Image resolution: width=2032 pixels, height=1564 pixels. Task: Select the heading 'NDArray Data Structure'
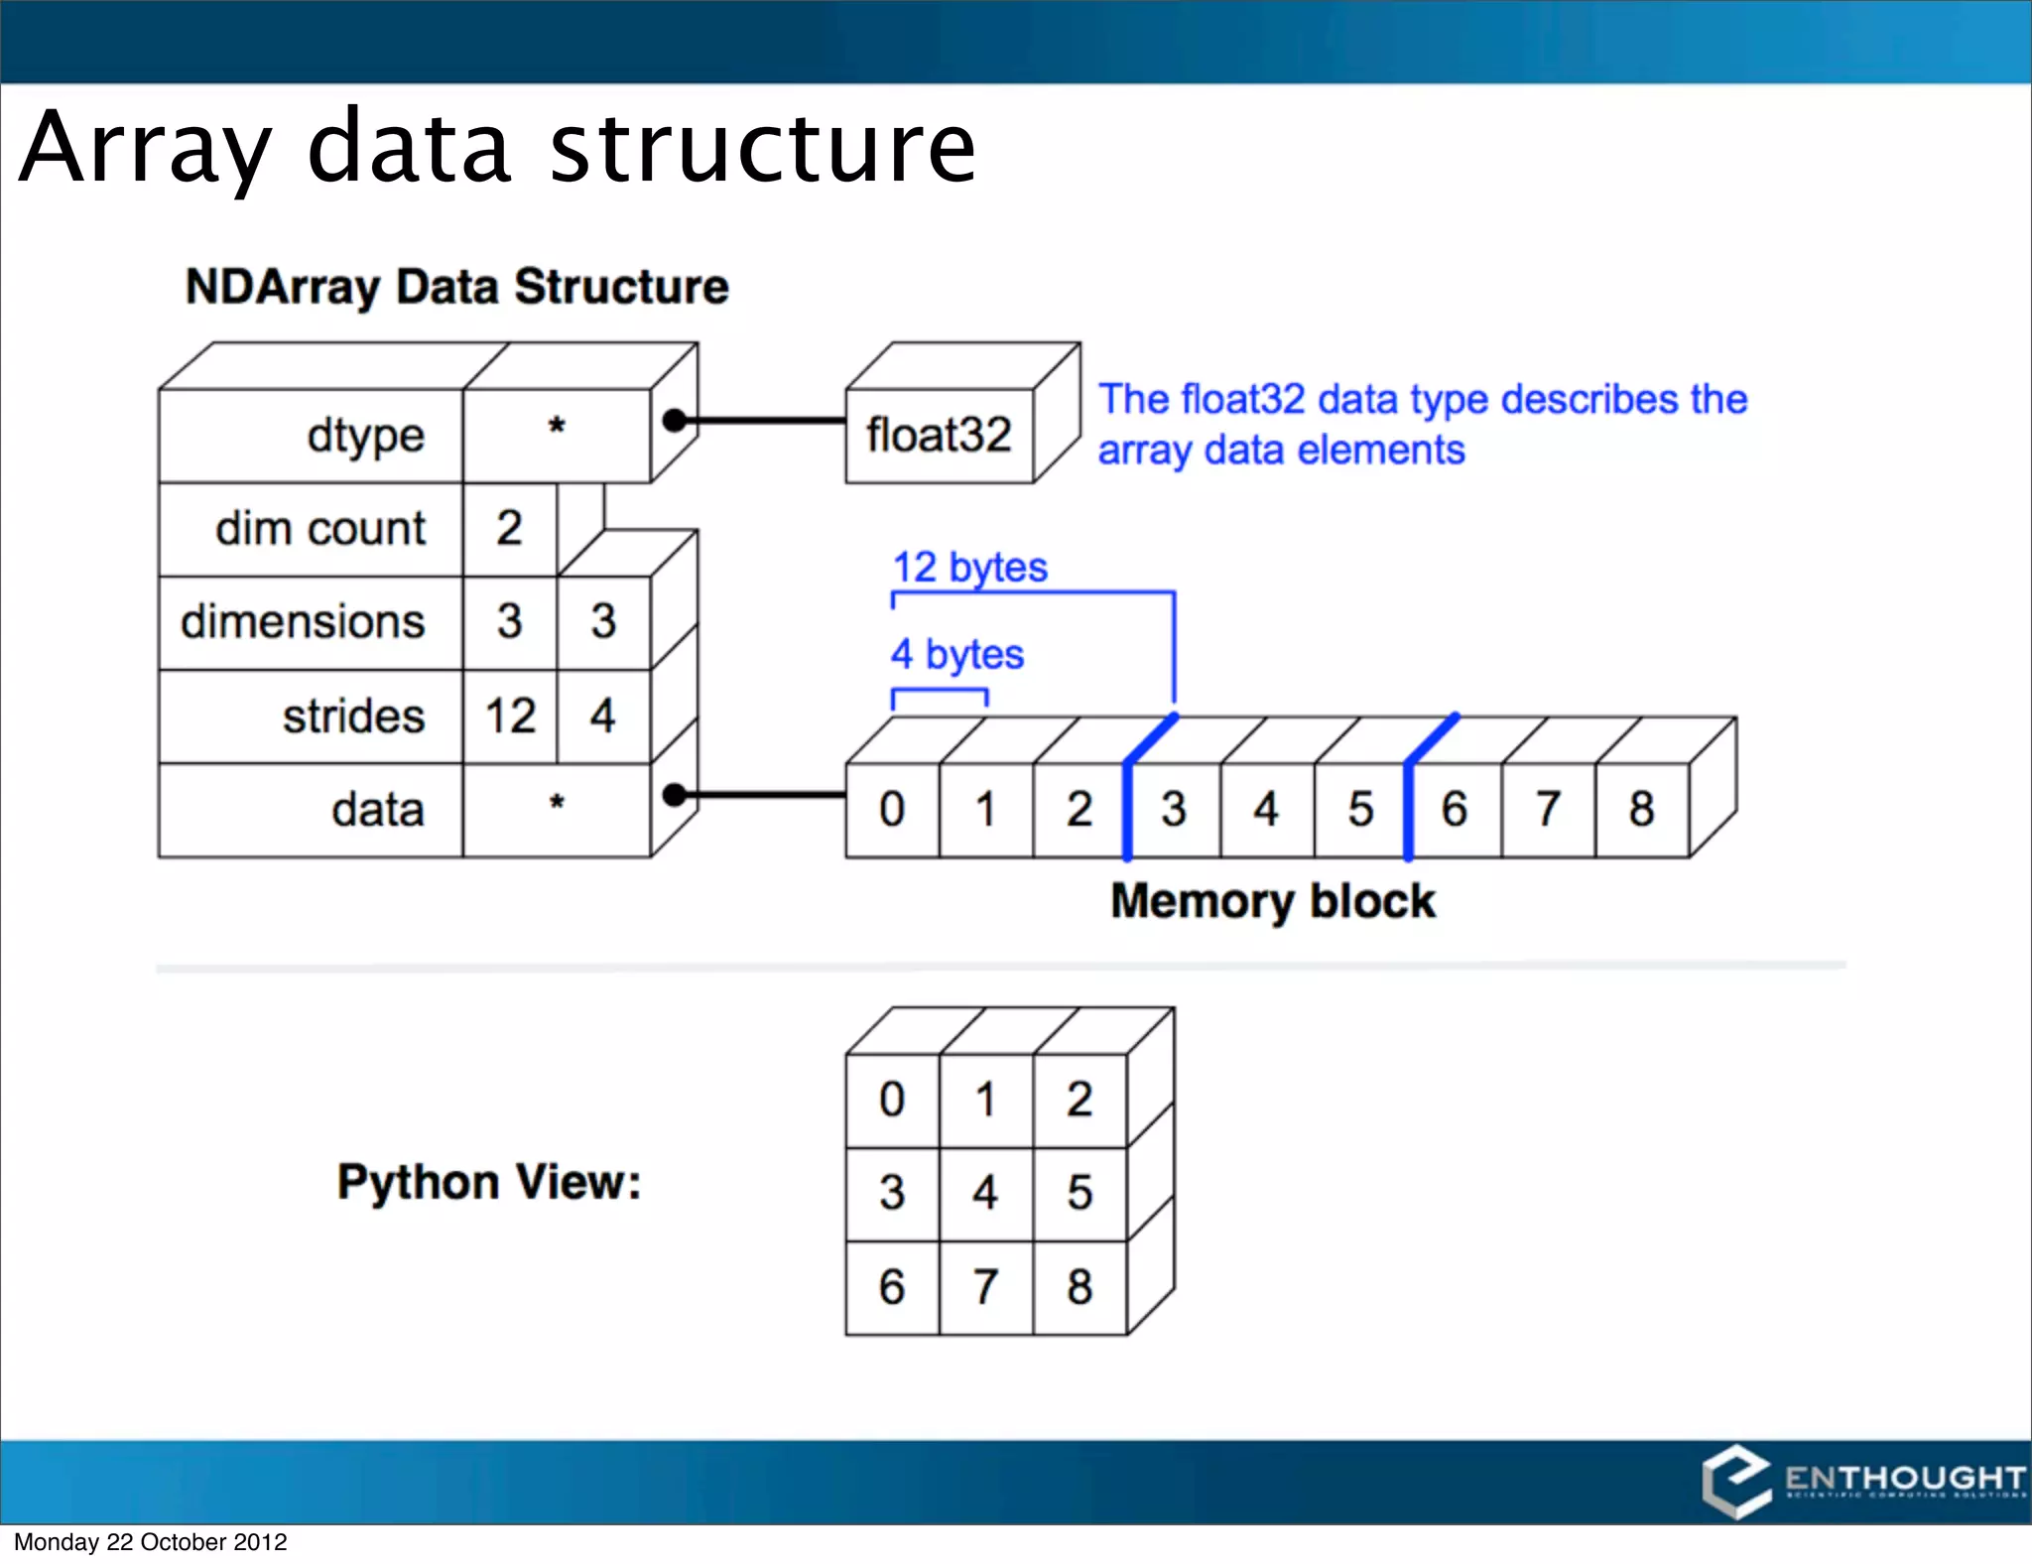[x=456, y=287]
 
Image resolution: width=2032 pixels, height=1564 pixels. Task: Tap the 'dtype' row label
[x=365, y=436]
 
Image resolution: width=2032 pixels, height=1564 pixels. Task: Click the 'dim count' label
[x=319, y=528]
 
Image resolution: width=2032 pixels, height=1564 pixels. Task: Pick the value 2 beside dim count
[x=509, y=528]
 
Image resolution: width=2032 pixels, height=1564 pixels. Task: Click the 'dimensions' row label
[x=303, y=621]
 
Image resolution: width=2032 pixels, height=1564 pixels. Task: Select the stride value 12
[x=510, y=716]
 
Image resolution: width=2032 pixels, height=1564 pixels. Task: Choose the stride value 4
[x=602, y=716]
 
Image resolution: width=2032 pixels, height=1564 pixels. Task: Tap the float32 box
[x=939, y=435]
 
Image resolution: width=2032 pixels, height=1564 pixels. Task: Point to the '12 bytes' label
[x=969, y=568]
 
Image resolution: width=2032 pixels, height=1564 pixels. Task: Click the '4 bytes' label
[x=956, y=655]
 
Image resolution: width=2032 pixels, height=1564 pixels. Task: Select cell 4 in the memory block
[x=1266, y=809]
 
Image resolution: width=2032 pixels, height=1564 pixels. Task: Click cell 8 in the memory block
[x=1641, y=809]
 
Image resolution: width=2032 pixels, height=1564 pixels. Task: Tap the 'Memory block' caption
[x=1272, y=901]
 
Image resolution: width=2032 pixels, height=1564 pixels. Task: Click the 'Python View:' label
[x=489, y=1182]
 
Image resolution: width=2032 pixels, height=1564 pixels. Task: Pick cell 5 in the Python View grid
[x=1079, y=1193]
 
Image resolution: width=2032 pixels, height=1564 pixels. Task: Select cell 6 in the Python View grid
[x=892, y=1286]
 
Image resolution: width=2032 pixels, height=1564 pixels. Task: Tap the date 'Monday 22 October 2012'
[x=150, y=1542]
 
